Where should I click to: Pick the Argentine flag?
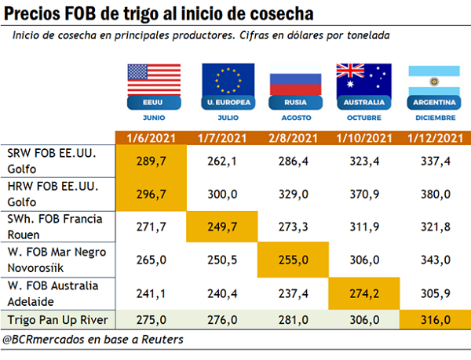(x=433, y=81)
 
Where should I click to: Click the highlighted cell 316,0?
(x=433, y=321)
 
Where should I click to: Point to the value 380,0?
(x=433, y=194)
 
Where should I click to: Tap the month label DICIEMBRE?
(x=433, y=118)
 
